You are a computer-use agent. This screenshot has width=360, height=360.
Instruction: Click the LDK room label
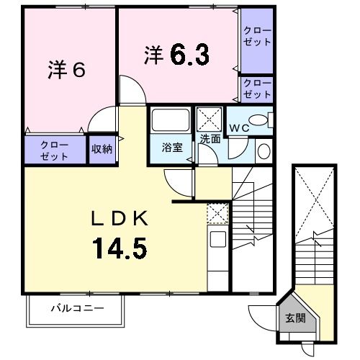(x=120, y=218)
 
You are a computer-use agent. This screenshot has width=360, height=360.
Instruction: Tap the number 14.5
(x=120, y=248)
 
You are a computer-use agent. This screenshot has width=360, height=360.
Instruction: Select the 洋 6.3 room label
(x=176, y=55)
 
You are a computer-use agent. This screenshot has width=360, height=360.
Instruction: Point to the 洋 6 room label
(x=66, y=70)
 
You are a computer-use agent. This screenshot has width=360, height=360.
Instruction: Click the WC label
(x=239, y=128)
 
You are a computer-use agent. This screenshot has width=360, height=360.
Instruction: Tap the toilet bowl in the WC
(x=258, y=120)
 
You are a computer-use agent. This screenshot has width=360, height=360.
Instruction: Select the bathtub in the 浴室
(x=171, y=120)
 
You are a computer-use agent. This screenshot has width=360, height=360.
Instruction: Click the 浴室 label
(x=172, y=148)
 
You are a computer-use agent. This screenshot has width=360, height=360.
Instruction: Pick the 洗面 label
(x=210, y=139)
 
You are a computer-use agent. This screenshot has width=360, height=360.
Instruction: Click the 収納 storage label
(x=102, y=149)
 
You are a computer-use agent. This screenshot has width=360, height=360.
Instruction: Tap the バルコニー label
(x=78, y=307)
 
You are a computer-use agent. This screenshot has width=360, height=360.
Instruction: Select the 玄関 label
(x=295, y=318)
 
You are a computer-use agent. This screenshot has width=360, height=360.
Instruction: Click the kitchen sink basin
(x=218, y=239)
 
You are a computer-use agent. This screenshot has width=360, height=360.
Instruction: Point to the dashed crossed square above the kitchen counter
(x=217, y=214)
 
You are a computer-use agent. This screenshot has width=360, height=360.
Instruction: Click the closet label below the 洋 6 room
(x=54, y=150)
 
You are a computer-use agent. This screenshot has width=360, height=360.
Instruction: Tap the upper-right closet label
(x=257, y=37)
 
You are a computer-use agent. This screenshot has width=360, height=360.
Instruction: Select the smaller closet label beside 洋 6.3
(x=257, y=89)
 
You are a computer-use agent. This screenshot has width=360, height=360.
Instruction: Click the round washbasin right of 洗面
(x=264, y=151)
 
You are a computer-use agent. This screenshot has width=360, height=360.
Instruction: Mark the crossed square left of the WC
(x=209, y=120)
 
